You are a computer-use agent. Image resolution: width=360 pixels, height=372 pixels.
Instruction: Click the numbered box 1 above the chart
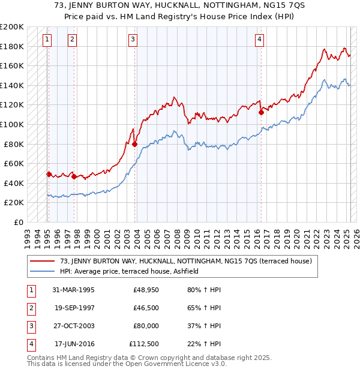pos(47,40)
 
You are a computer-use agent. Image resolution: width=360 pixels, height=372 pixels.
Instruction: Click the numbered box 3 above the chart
pos(133,40)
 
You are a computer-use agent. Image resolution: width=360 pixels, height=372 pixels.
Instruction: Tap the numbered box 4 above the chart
pos(259,40)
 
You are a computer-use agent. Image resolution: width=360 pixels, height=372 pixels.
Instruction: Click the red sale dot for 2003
pos(134,144)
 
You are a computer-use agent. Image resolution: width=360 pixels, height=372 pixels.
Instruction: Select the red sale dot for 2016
pos(261,112)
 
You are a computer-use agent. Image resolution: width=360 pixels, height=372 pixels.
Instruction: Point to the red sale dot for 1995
pos(49,174)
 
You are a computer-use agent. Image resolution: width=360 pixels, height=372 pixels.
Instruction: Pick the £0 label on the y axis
pos(18,222)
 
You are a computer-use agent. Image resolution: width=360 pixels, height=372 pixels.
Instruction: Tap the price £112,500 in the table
pos(144,344)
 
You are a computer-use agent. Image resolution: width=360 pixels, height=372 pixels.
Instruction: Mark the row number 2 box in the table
pos(29,308)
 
